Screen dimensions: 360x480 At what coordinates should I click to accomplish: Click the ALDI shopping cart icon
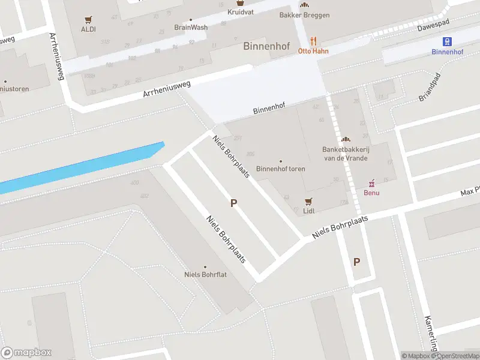tap(88, 19)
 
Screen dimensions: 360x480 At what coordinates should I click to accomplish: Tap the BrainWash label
tap(190, 27)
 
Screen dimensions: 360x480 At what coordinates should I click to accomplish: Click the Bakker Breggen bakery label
tap(304, 15)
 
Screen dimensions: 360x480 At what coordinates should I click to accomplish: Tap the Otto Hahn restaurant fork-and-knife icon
tap(313, 41)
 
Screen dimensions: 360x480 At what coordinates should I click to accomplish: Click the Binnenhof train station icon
tap(447, 41)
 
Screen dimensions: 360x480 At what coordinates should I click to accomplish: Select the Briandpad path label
tap(430, 88)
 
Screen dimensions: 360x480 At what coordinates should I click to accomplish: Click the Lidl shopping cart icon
tap(309, 201)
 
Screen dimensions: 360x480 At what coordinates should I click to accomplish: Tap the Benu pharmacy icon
tap(371, 182)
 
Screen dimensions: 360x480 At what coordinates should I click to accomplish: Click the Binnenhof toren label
tap(280, 169)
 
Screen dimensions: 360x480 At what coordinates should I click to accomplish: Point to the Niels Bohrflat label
tap(205, 275)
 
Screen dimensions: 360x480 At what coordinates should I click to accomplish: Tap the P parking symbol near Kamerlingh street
tap(356, 262)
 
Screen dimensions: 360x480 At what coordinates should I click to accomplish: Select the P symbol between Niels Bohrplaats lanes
tap(233, 203)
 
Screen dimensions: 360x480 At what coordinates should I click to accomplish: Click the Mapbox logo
tap(26, 353)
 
